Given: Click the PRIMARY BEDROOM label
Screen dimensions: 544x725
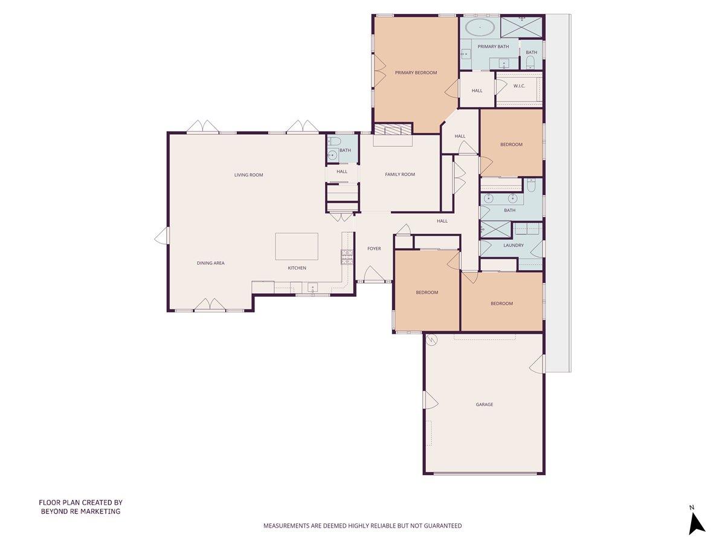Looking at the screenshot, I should tap(416, 73).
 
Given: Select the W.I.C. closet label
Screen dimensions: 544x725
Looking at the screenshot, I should tap(519, 86).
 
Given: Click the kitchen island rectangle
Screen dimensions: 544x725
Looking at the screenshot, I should tap(297, 246).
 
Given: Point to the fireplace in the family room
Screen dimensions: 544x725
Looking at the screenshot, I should tap(392, 129).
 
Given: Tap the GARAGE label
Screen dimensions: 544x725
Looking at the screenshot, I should tap(484, 404).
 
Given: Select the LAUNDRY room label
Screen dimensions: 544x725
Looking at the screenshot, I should tap(513, 245).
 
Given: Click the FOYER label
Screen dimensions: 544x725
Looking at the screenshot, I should tap(374, 248).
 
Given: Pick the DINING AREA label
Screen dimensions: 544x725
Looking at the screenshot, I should tap(210, 263).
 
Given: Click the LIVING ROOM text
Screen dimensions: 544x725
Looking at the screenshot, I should tap(249, 175).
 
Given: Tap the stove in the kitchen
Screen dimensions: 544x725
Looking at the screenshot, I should tap(347, 257).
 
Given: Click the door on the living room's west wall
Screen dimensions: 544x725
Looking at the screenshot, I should tap(161, 236).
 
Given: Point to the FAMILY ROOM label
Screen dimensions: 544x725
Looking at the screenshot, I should tap(400, 175).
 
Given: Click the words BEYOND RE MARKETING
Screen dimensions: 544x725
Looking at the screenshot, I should tap(80, 511).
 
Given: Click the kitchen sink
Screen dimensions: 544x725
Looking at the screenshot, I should tap(312, 287).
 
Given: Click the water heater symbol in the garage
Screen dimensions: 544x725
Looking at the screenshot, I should tap(431, 340).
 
